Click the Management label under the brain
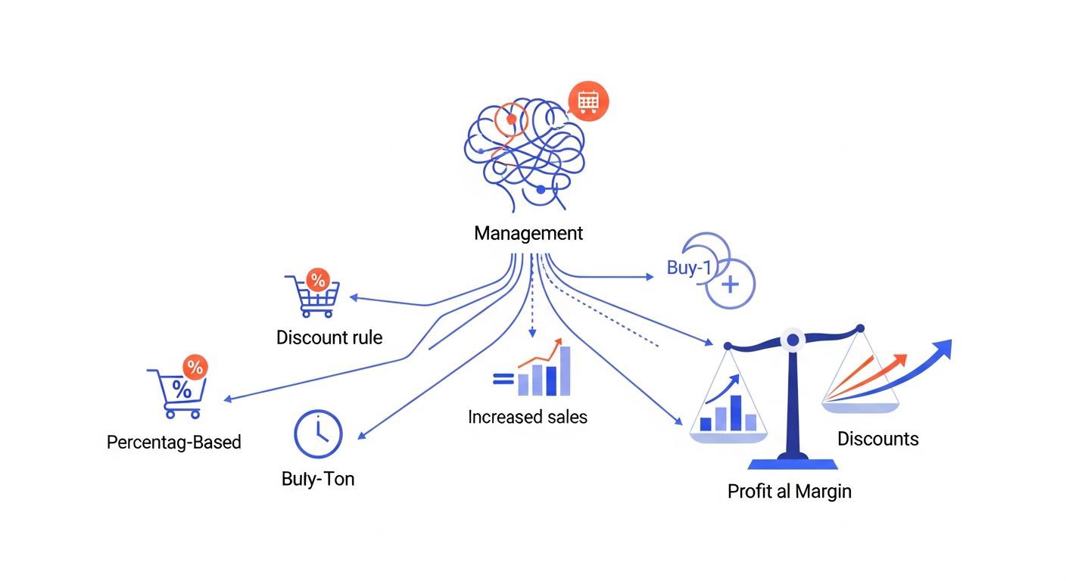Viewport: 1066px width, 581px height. pos(528,234)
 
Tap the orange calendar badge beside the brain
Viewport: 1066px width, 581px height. pos(588,101)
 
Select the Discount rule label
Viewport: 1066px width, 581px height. pos(329,337)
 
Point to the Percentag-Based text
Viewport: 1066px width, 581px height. pos(173,442)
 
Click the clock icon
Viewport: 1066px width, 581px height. pos(318,434)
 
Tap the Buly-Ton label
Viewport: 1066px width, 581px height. pos(318,479)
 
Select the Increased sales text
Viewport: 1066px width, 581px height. pos(527,417)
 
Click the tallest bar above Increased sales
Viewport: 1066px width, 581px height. pos(565,371)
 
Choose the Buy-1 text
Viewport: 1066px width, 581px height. pos(689,268)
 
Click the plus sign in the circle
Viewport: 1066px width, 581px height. pos(730,284)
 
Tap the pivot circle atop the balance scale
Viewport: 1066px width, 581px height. pos(793,340)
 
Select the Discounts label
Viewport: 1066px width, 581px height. pos(878,439)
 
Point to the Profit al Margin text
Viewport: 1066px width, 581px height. pos(790,492)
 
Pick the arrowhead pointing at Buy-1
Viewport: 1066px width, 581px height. pos(650,277)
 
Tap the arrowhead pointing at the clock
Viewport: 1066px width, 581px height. pos(362,435)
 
